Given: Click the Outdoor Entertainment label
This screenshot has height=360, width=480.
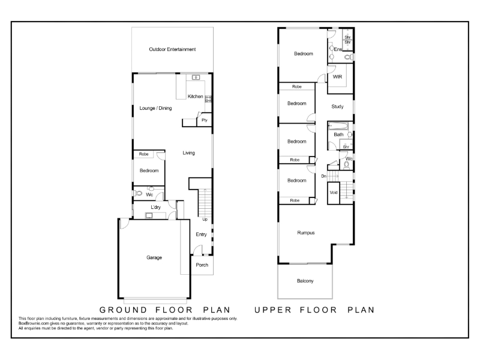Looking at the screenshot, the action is click(x=172, y=49).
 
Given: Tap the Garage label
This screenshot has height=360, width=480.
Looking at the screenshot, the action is click(x=154, y=257).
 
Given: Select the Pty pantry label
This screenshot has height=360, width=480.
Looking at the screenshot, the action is click(x=205, y=120).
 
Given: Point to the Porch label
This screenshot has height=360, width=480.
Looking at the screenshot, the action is click(x=202, y=265).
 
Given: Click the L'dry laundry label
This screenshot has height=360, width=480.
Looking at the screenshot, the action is click(x=155, y=207).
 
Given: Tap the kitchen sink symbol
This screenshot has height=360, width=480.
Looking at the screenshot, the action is click(x=196, y=77).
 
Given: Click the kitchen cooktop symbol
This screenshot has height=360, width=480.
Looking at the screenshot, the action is click(x=208, y=99).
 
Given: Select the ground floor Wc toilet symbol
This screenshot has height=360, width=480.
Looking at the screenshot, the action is click(x=139, y=193).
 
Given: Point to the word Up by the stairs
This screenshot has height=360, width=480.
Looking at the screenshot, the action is click(x=205, y=219).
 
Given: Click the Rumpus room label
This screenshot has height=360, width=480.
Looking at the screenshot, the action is click(x=306, y=233).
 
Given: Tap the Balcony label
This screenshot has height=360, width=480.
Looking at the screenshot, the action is click(x=305, y=281).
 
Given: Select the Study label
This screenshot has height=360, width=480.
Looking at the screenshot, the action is click(x=337, y=107).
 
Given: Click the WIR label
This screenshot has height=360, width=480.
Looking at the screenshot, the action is click(x=337, y=77).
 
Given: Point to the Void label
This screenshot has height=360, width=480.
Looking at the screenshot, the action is click(x=334, y=193).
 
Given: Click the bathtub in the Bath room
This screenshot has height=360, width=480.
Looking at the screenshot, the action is click(x=338, y=126).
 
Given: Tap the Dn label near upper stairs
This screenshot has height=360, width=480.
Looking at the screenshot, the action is click(x=323, y=176).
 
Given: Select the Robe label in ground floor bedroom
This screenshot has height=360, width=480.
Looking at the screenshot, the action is click(x=143, y=154).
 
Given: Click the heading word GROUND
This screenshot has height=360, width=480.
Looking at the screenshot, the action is click(x=124, y=310).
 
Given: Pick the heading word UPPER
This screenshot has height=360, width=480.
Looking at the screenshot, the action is click(x=273, y=310).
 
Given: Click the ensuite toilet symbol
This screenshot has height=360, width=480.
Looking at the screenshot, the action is click(x=349, y=57).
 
